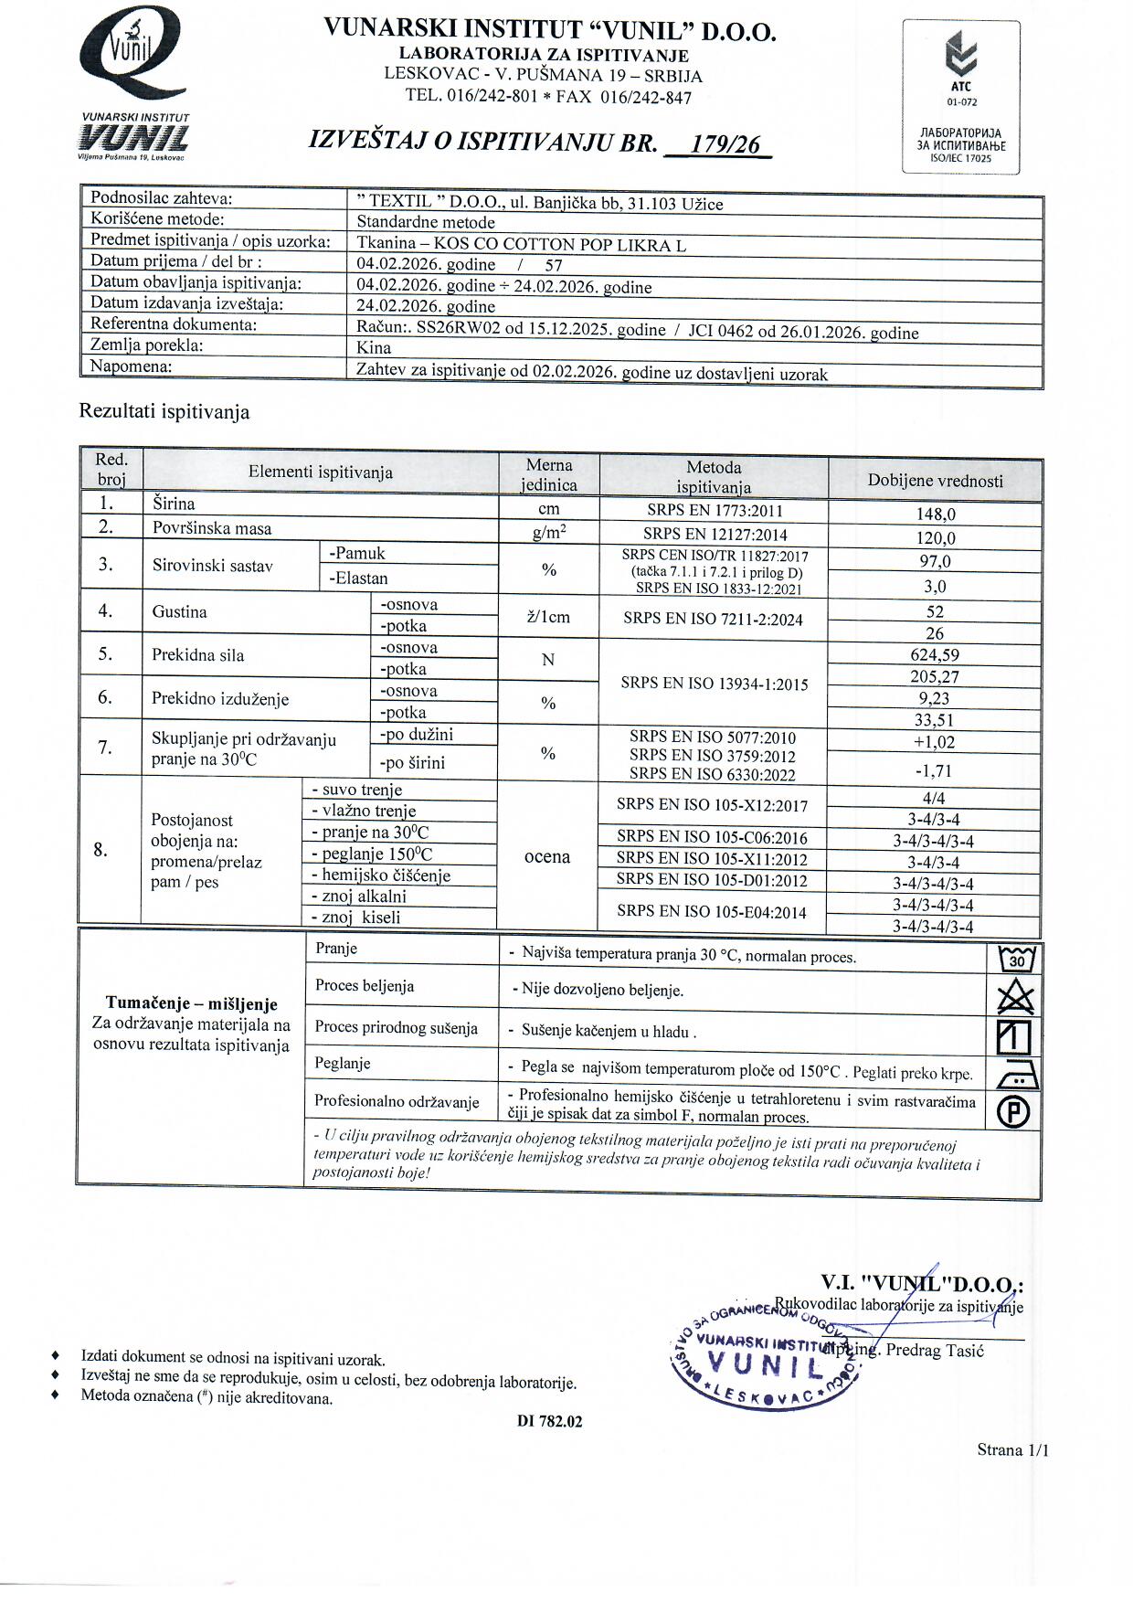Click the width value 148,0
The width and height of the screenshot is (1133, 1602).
(936, 514)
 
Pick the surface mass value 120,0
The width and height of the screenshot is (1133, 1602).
(936, 538)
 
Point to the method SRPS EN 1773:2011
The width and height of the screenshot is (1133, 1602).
(714, 511)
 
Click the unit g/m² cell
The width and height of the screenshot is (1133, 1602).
(548, 533)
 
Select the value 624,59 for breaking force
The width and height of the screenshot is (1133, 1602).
(935, 654)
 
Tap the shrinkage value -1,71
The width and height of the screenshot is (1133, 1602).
(934, 771)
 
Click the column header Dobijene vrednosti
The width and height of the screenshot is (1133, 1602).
(935, 481)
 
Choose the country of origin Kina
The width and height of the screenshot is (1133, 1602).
(374, 347)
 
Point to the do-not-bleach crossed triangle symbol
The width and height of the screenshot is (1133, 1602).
(1015, 997)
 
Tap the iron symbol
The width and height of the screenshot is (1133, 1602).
(1016, 1076)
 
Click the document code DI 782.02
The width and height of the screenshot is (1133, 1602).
(549, 1421)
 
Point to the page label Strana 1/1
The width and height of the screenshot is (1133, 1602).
(1012, 1449)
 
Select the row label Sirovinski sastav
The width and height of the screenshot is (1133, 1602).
(213, 566)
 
